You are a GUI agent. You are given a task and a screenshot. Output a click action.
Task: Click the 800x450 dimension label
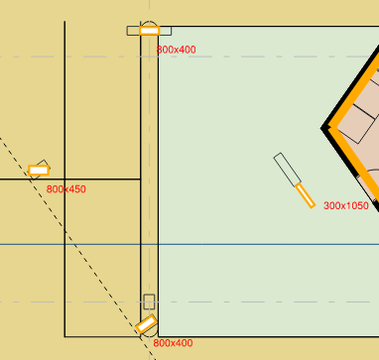click(66, 188)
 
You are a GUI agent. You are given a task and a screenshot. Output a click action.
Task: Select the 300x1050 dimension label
click(346, 205)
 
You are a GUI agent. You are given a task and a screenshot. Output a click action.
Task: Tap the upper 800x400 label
click(177, 49)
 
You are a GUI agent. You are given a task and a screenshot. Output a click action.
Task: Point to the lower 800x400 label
click(174, 342)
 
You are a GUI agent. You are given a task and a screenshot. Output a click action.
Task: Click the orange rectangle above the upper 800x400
click(149, 31)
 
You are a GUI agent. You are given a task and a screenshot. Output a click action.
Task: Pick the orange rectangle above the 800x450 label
click(39, 171)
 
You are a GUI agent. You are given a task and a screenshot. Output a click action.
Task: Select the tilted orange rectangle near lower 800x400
click(146, 323)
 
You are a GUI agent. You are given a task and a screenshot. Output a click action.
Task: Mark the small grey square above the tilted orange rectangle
click(149, 301)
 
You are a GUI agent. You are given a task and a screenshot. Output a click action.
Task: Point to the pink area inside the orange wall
click(362, 139)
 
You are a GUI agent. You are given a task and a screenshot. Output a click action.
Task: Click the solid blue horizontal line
click(248, 244)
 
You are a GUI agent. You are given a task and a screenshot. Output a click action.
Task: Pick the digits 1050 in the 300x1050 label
click(355, 205)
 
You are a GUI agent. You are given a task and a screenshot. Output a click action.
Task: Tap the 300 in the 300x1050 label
click(331, 205)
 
